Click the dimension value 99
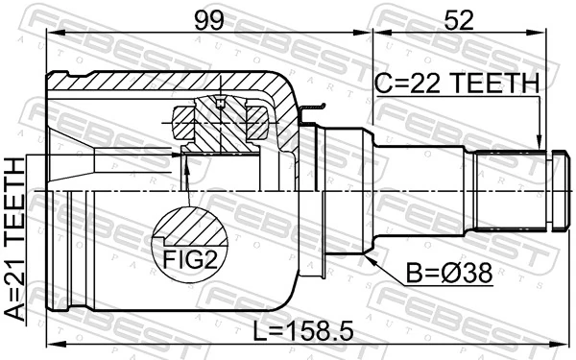pyautogui.click(x=209, y=18)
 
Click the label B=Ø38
pyautogui.click(x=449, y=275)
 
